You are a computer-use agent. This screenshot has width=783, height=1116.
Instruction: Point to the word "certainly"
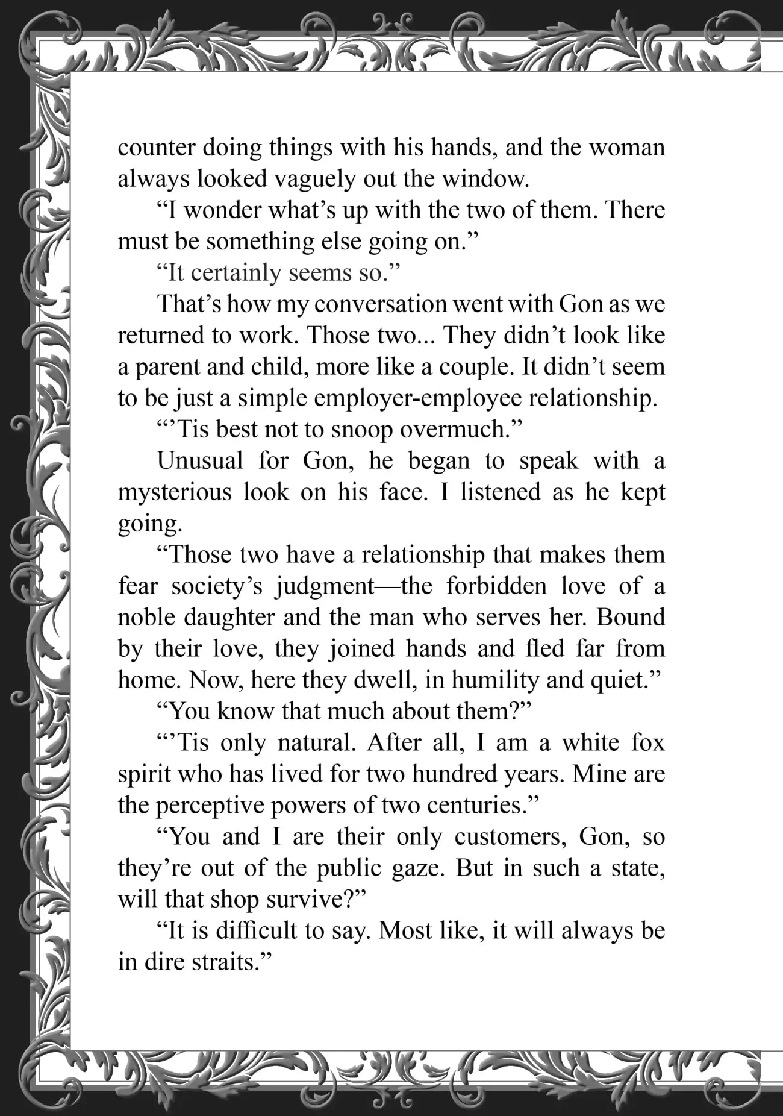[x=233, y=274]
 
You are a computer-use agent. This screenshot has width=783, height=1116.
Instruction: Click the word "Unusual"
[x=200, y=462]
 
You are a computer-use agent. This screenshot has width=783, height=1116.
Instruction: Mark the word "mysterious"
[x=174, y=493]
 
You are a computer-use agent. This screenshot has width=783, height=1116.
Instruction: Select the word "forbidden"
[x=495, y=587]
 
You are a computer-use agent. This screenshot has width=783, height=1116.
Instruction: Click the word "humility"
[x=494, y=681]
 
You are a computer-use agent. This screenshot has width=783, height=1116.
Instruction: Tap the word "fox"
[x=647, y=744]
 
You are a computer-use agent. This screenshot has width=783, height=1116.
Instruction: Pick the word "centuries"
[x=454, y=806]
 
